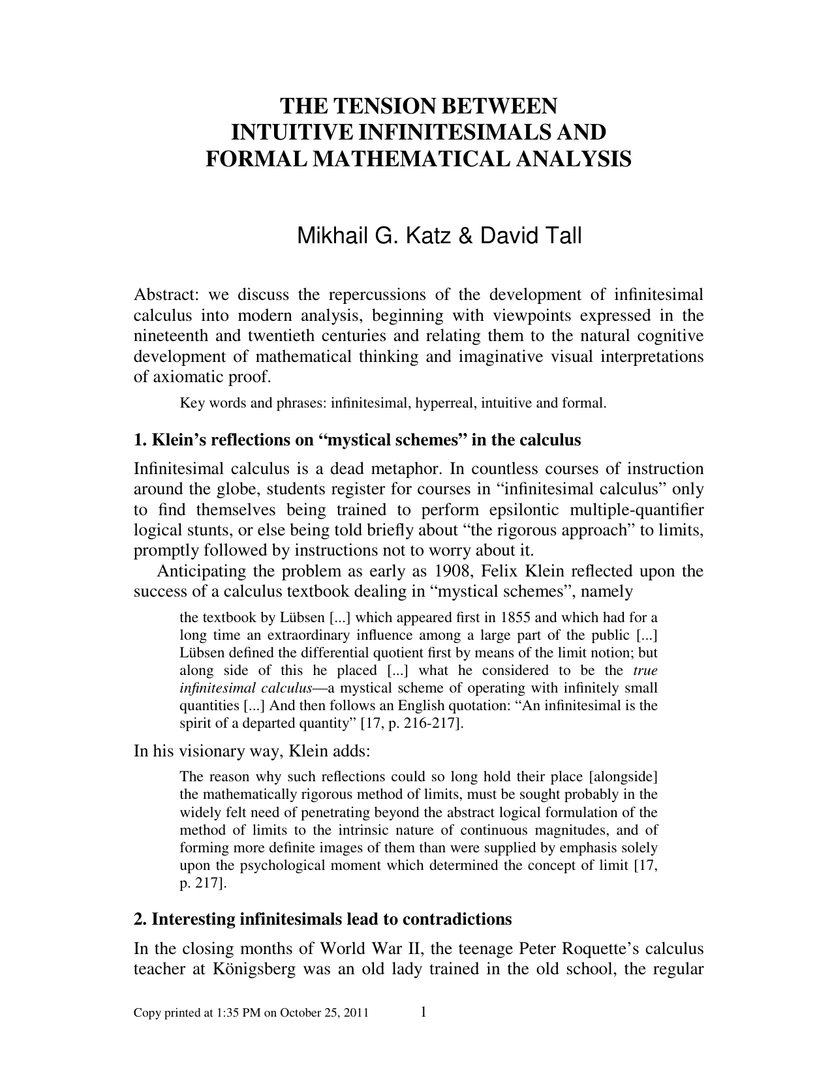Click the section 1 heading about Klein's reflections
pos(357,440)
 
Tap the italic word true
pos(645,670)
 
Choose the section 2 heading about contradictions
pos(322,919)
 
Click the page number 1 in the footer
pos(424,1012)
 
